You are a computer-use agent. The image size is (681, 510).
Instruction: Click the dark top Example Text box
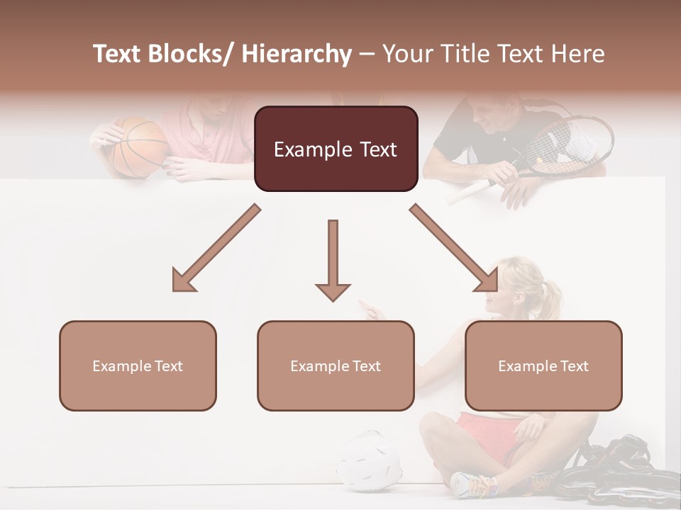336,149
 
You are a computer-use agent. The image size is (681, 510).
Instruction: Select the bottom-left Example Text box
138,365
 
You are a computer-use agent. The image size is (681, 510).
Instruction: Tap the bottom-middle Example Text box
336,365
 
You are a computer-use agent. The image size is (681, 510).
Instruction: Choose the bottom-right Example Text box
543,365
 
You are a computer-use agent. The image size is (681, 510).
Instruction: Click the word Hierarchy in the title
297,54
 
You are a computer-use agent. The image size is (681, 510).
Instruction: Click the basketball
140,147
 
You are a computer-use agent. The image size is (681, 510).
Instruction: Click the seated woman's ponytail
549,294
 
